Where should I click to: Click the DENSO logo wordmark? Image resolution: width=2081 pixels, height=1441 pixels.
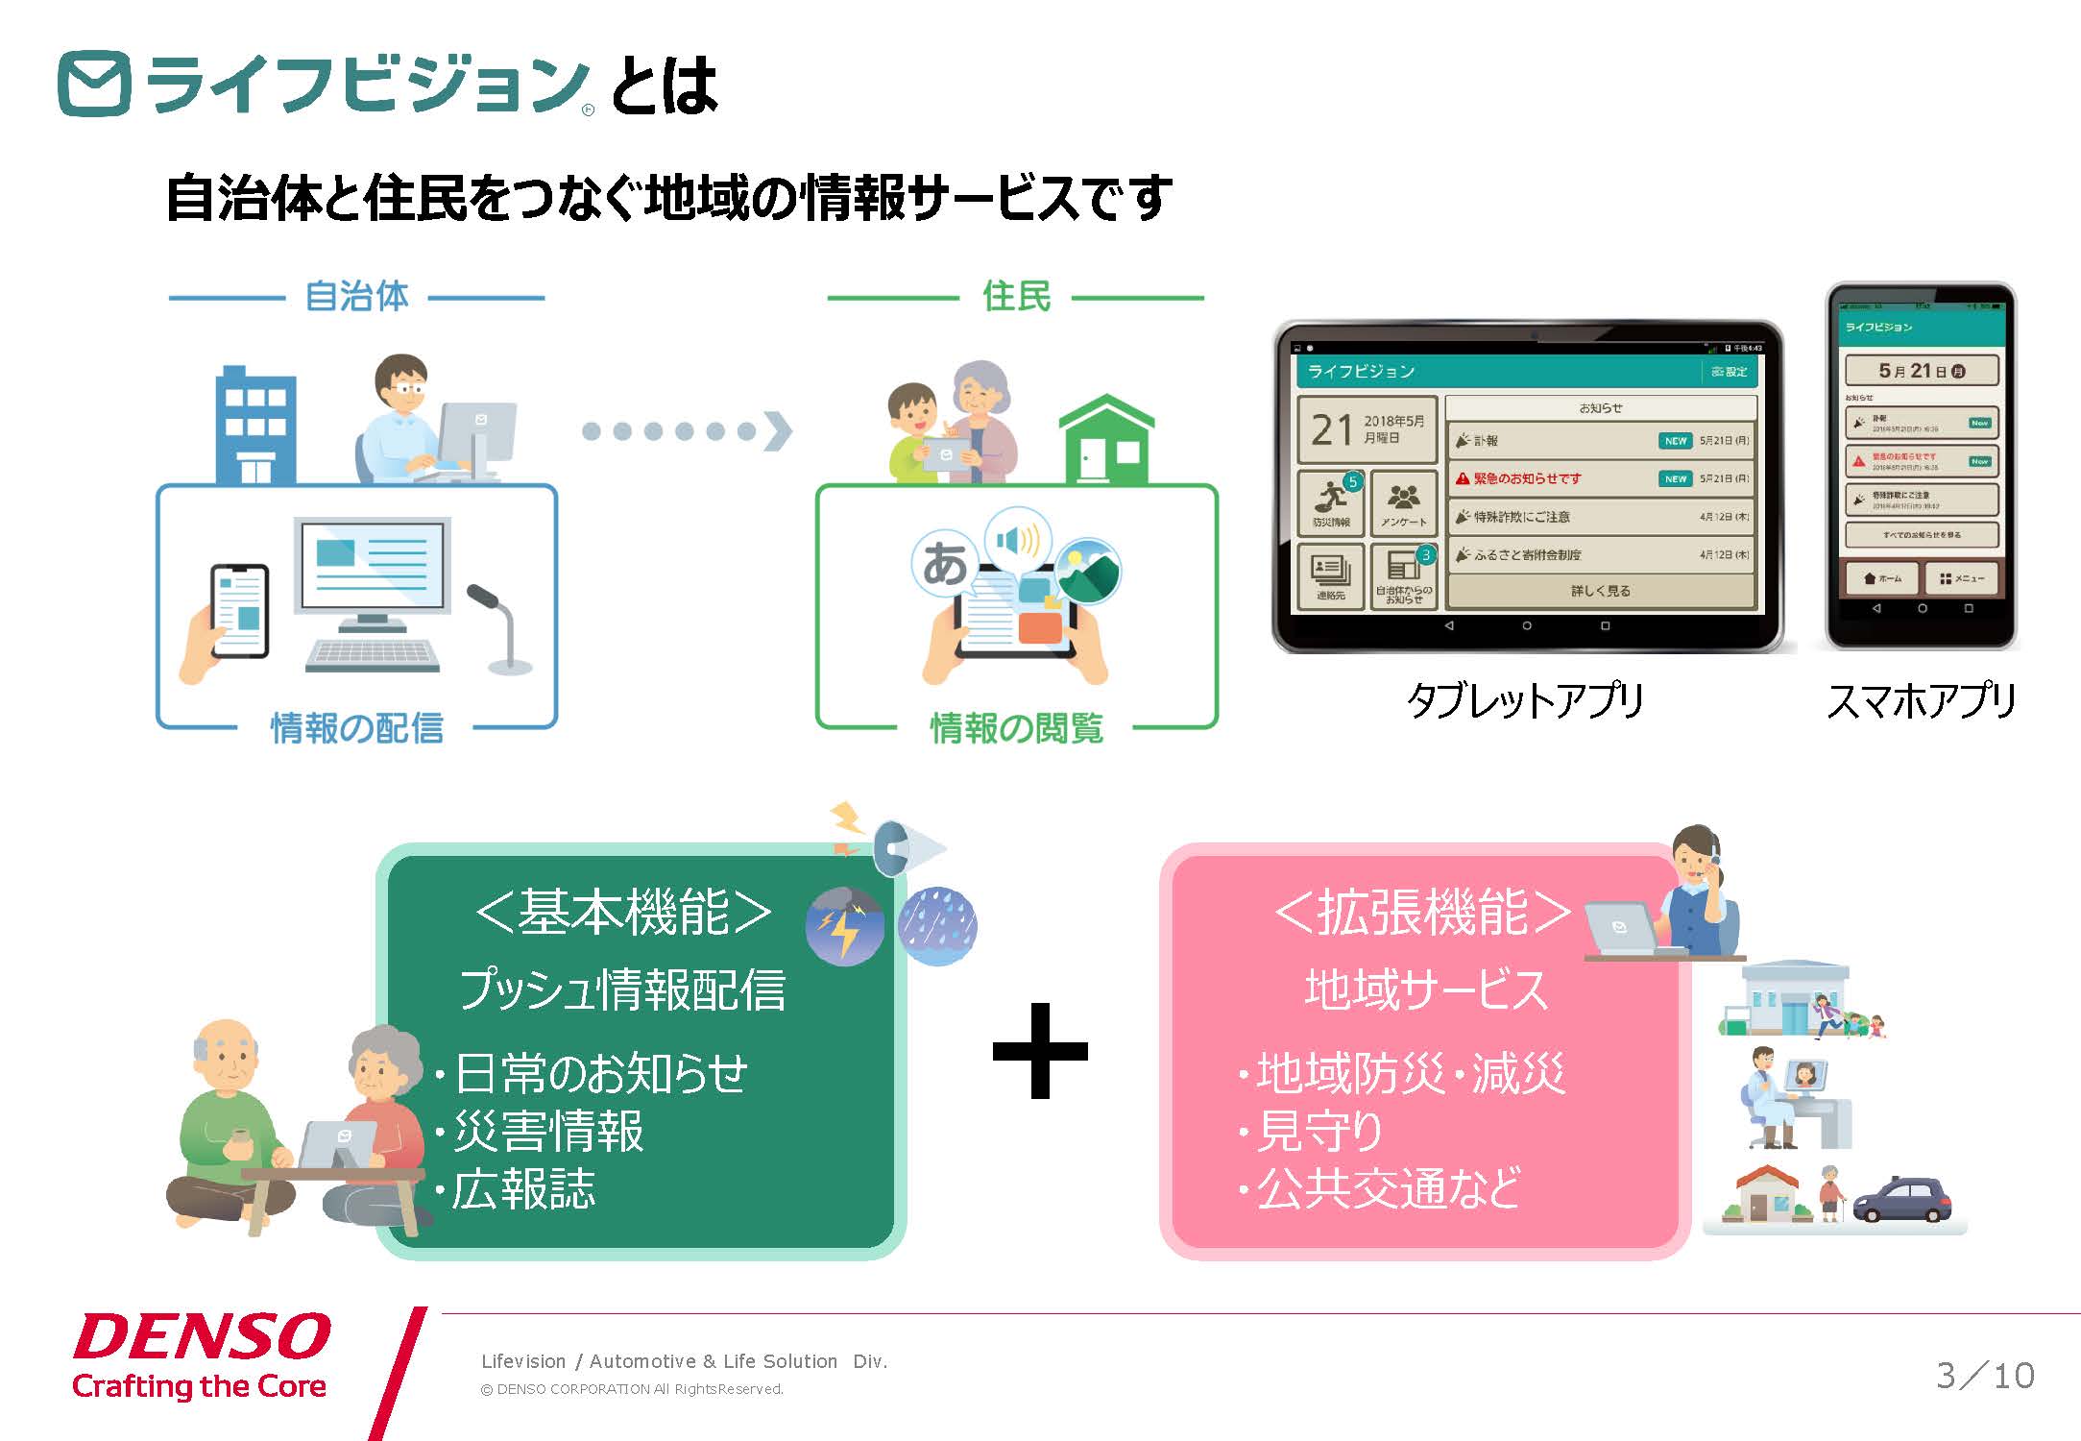202,1337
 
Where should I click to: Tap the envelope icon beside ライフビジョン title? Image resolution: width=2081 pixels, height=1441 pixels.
94,85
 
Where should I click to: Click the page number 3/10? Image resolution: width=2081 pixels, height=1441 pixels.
1985,1376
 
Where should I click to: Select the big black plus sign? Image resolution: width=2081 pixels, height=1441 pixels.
1040,1050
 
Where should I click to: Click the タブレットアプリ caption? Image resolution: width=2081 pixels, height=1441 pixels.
1525,700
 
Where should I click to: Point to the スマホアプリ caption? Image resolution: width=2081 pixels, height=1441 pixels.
1921,700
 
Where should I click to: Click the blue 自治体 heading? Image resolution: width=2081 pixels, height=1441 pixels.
356,296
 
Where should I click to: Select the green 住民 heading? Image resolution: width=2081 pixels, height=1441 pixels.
1016,296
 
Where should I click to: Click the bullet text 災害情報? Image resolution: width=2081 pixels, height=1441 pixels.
548,1131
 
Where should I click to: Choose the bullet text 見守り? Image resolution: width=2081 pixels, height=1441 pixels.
1319,1131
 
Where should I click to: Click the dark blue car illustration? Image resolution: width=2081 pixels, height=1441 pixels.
1901,1199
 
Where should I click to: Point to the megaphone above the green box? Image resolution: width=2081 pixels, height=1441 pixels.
903,848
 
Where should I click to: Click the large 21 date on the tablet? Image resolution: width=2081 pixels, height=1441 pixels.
1332,430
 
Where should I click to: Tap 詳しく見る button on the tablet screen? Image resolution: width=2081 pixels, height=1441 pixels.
1600,591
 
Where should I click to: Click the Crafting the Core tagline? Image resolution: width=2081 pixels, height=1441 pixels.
199,1386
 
